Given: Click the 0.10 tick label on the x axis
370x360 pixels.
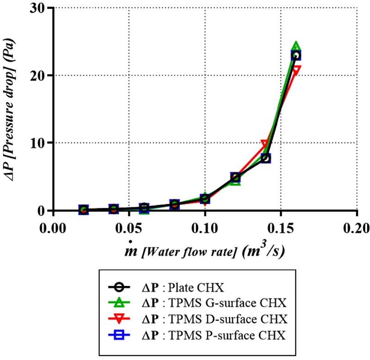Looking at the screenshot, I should (x=205, y=228).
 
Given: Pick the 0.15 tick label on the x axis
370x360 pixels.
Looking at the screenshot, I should (x=281, y=228).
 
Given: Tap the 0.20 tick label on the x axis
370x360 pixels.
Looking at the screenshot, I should (x=357, y=228).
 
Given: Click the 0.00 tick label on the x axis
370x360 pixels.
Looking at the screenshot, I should (x=53, y=228).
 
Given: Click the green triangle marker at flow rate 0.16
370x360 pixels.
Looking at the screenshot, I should (x=296, y=47).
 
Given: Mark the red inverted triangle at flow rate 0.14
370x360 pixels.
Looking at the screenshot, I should (x=265, y=144).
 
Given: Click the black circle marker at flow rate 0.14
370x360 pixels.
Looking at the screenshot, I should (x=265, y=158).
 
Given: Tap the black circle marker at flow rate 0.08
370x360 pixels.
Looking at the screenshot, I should (x=174, y=205).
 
